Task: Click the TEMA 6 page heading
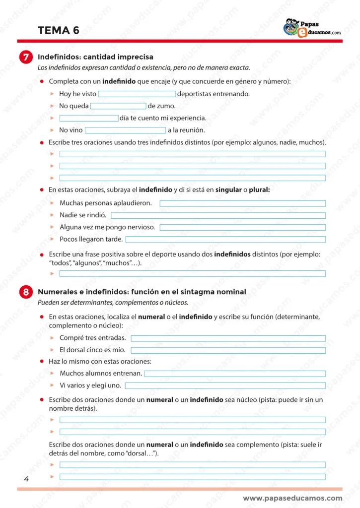click(x=59, y=31)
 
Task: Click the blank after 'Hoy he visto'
click(x=137, y=94)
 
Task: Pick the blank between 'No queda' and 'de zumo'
click(x=118, y=106)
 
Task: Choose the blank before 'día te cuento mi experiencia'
click(x=89, y=118)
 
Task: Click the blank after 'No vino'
click(x=125, y=130)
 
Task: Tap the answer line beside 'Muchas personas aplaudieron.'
click(x=242, y=203)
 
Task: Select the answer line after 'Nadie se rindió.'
click(x=218, y=215)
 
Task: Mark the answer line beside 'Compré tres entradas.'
click(x=228, y=338)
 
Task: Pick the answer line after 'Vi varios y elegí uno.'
click(x=225, y=385)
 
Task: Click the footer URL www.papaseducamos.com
click(x=292, y=498)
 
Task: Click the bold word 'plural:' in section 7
click(x=259, y=190)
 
